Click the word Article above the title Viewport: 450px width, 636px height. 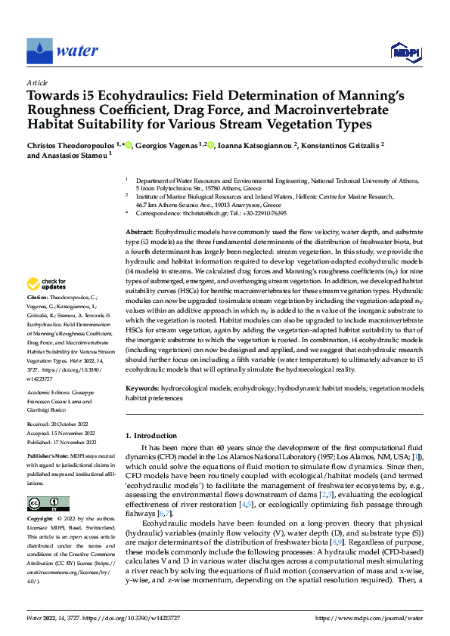(x=37, y=82)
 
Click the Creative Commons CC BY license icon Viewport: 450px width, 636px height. (x=48, y=503)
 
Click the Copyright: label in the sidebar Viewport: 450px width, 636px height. (x=40, y=520)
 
